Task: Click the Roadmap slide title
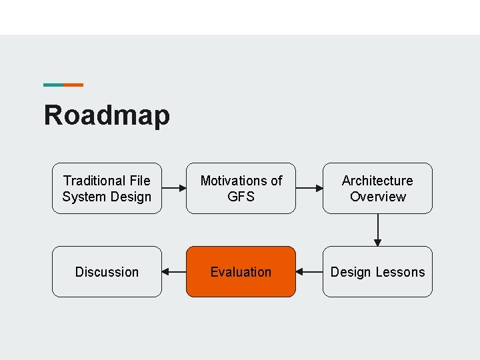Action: tap(107, 115)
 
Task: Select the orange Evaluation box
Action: tap(241, 271)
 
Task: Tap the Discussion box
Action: tap(107, 271)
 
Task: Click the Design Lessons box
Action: tap(377, 271)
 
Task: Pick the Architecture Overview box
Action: tap(377, 188)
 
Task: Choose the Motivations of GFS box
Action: tap(241, 188)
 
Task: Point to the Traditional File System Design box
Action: tap(107, 188)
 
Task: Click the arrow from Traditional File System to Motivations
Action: tap(174, 188)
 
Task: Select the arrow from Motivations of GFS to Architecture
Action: tap(309, 188)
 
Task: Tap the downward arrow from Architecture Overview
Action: tap(378, 230)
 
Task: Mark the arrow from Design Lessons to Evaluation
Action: tap(309, 272)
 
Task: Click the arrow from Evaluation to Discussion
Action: tap(174, 272)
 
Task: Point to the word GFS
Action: tap(241, 197)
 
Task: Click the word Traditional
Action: tap(93, 181)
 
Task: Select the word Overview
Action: tap(377, 197)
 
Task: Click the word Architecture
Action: tap(377, 181)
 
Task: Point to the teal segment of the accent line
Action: tap(53, 85)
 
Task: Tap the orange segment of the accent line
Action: tap(73, 85)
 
